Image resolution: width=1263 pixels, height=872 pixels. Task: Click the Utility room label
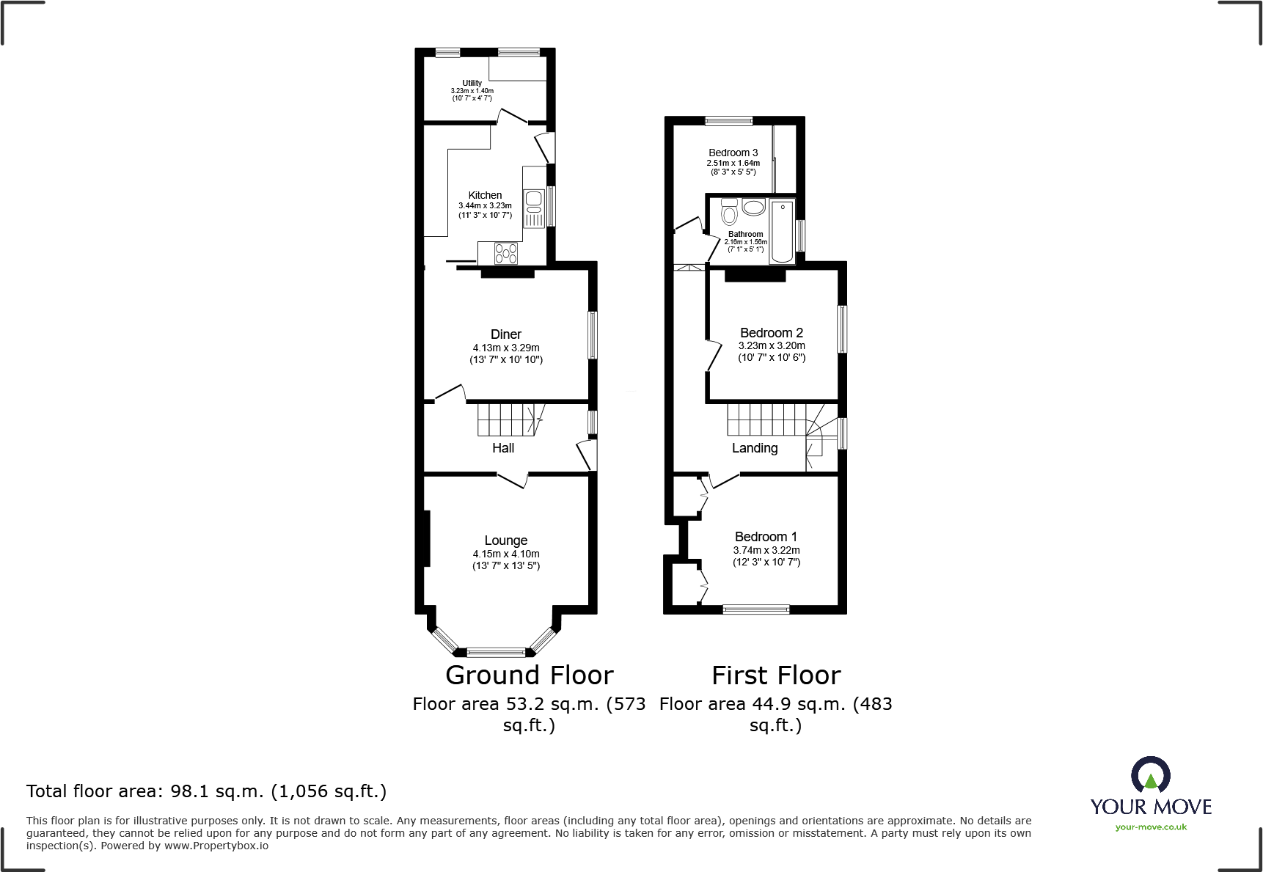(x=472, y=83)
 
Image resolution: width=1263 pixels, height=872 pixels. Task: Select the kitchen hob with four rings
(x=506, y=254)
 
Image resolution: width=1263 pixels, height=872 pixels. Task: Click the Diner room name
(x=506, y=334)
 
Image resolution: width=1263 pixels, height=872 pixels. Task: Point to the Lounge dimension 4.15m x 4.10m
(x=506, y=554)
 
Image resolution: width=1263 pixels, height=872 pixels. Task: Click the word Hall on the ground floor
(x=503, y=447)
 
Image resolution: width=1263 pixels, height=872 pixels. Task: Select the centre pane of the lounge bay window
(x=497, y=651)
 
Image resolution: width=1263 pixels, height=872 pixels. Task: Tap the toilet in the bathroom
(x=729, y=213)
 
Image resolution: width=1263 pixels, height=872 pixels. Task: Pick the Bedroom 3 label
(x=733, y=153)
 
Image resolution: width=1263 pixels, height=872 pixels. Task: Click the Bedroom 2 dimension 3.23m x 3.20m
(x=772, y=345)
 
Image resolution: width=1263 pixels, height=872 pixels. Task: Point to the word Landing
(x=755, y=447)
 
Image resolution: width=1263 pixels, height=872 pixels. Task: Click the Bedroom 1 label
(x=766, y=536)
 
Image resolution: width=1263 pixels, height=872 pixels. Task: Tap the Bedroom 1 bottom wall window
(x=756, y=609)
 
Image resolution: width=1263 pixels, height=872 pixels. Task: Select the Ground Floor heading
(x=529, y=675)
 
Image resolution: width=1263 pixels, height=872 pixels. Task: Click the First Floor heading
(x=776, y=675)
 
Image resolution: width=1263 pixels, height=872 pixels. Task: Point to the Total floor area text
(x=206, y=791)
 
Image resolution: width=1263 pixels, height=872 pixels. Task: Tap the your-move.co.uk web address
(x=1151, y=827)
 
